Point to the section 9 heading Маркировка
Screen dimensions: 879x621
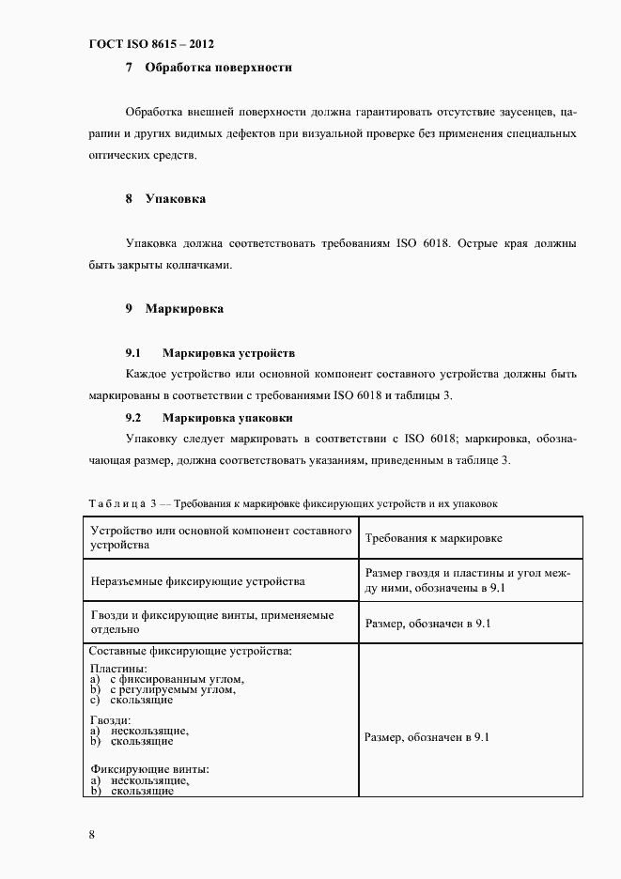(x=183, y=308)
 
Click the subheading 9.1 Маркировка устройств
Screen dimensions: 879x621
(x=228, y=353)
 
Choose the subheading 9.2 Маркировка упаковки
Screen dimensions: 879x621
(x=227, y=417)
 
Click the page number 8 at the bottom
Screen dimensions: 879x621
(x=92, y=834)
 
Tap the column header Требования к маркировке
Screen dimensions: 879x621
(x=432, y=538)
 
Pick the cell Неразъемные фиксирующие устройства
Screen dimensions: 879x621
(x=197, y=581)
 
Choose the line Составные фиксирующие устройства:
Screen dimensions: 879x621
(x=190, y=650)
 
